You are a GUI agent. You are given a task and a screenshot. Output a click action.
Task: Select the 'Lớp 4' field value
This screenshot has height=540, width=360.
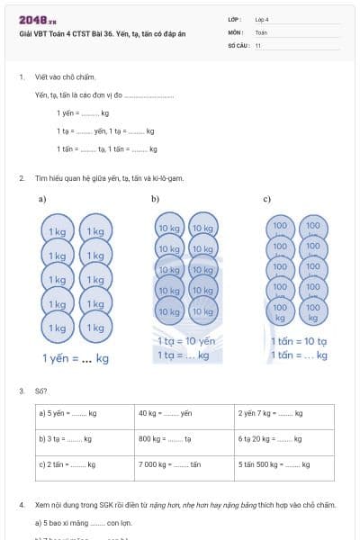[x=262, y=19]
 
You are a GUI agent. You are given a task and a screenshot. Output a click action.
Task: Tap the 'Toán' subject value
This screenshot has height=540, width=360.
[x=261, y=31]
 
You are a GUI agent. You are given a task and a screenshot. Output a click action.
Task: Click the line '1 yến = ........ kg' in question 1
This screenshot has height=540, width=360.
[x=83, y=113]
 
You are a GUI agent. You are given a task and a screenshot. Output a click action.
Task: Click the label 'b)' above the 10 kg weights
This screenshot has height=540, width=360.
[x=155, y=199]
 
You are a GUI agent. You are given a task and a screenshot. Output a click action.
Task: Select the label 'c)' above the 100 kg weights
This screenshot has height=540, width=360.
[x=267, y=199]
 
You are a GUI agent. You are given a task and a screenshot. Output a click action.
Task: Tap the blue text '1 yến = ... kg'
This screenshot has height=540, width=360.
[x=76, y=358]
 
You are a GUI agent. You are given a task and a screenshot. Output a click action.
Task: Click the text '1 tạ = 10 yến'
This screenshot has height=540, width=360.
[x=186, y=341]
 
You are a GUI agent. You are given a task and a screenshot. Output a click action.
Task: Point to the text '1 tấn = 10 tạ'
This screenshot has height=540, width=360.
[x=299, y=341]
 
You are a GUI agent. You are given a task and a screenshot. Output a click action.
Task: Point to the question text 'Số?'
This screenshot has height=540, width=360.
[x=41, y=391]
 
